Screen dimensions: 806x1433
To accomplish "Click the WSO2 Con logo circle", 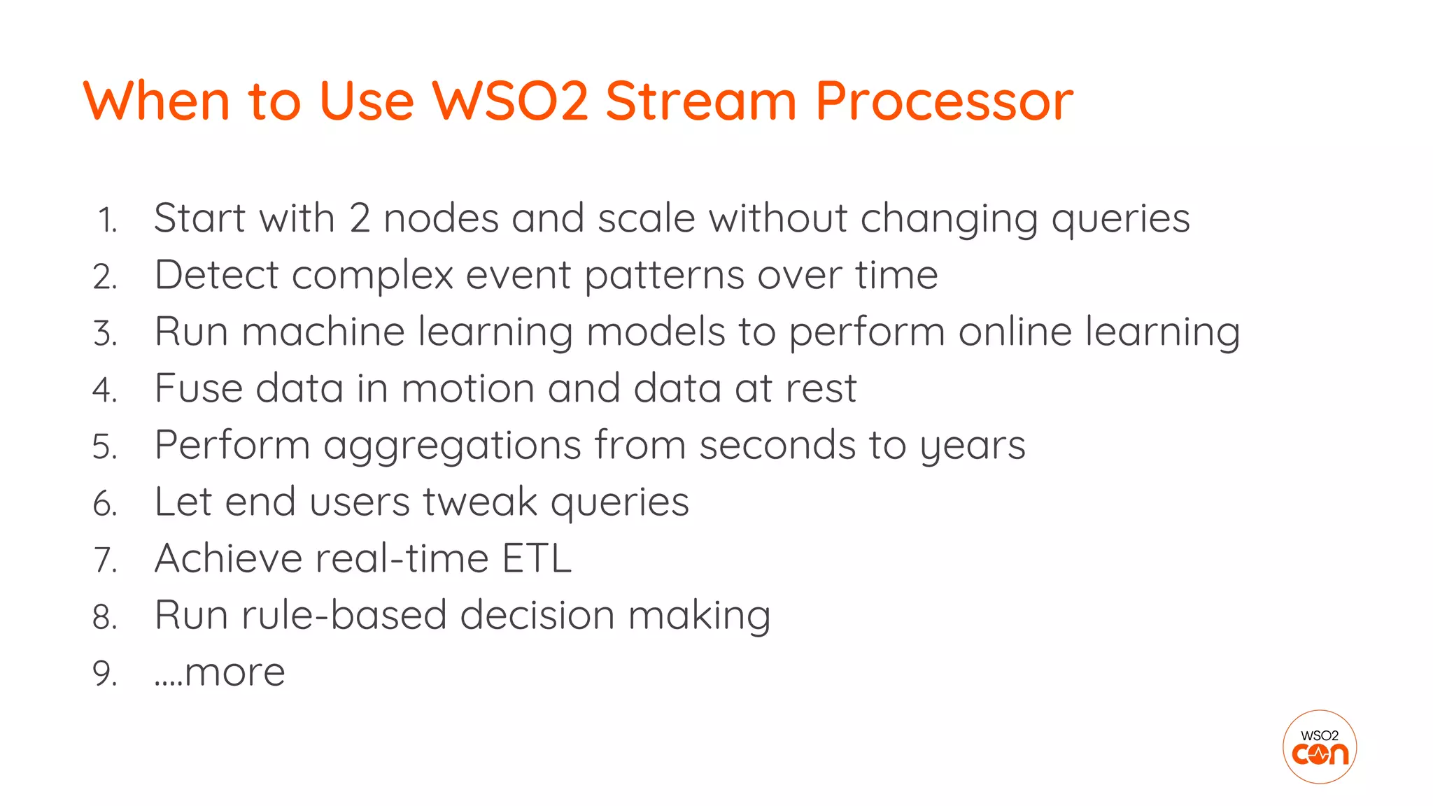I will pos(1320,747).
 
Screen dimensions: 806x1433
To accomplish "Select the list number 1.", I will pos(107,220).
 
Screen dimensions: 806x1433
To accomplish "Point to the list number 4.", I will pos(105,390).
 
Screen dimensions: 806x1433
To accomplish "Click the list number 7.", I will pos(105,560).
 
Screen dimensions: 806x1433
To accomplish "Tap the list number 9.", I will pos(105,674).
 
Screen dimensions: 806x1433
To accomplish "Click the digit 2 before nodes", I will pos(360,218).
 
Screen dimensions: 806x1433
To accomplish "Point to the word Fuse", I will pos(198,388).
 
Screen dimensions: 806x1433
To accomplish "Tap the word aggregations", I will pos(452,446).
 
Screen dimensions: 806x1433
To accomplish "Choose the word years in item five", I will pos(972,446).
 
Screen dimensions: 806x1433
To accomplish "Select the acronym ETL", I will pos(537,559).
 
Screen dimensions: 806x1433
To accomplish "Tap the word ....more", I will pos(220,673).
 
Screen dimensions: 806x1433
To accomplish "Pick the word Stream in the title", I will pos(700,101).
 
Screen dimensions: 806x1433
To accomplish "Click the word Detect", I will pos(216,275).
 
